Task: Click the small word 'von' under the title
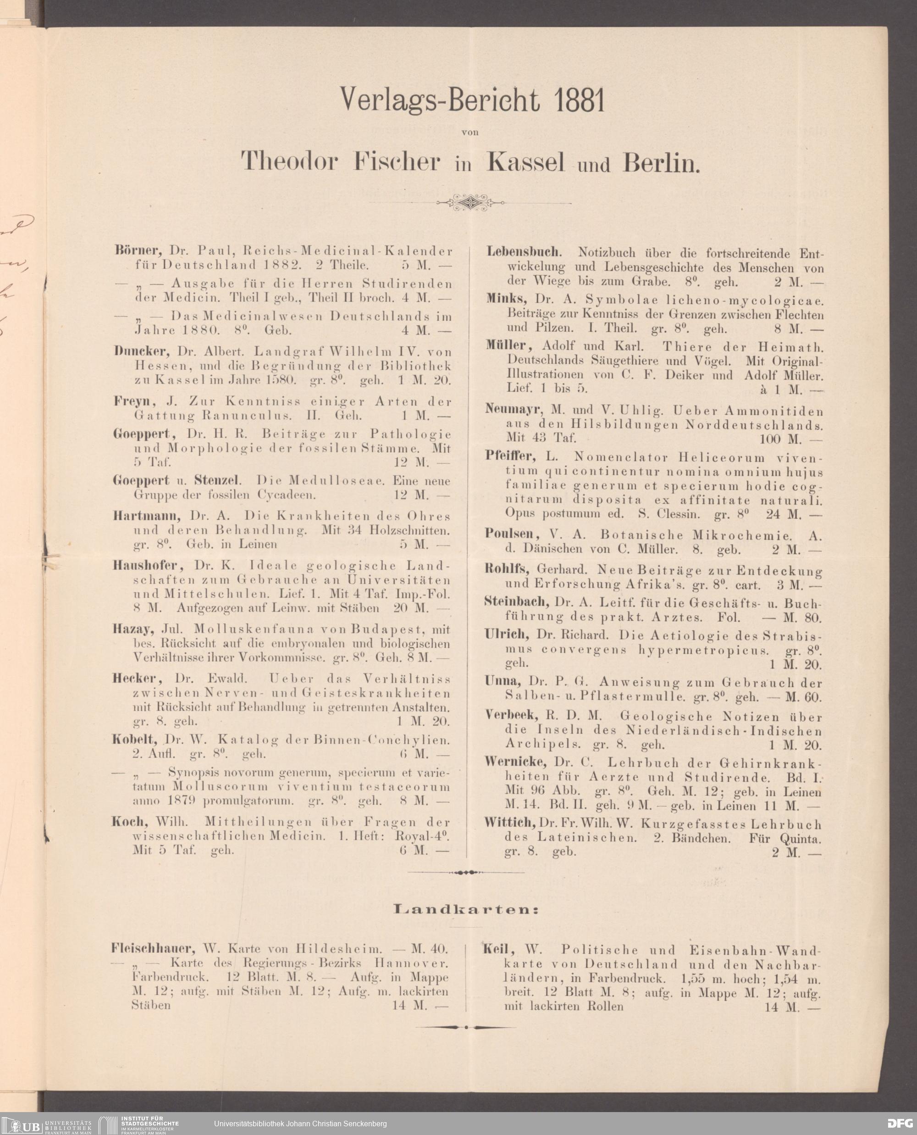coord(470,132)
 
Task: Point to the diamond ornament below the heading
coord(470,202)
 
